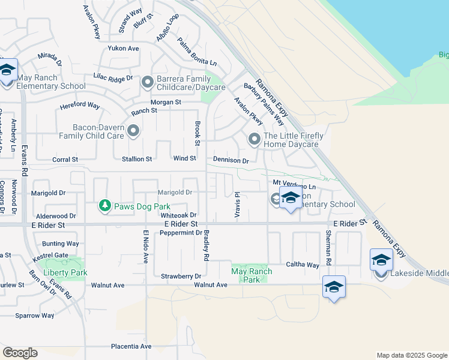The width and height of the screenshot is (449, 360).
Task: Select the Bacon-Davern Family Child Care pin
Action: [133, 130]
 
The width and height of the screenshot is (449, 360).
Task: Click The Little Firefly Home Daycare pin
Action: [255, 139]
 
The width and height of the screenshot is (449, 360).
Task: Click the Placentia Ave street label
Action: [131, 346]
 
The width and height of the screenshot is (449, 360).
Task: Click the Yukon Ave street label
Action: [123, 48]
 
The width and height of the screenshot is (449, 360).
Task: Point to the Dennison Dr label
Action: [231, 160]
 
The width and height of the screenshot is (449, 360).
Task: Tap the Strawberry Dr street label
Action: [181, 276]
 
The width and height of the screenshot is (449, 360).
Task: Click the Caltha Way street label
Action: [304, 265]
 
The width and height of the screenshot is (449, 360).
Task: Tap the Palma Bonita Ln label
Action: [197, 52]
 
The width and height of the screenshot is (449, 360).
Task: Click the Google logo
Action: [20, 353]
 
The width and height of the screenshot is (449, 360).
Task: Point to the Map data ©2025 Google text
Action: [411, 355]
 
